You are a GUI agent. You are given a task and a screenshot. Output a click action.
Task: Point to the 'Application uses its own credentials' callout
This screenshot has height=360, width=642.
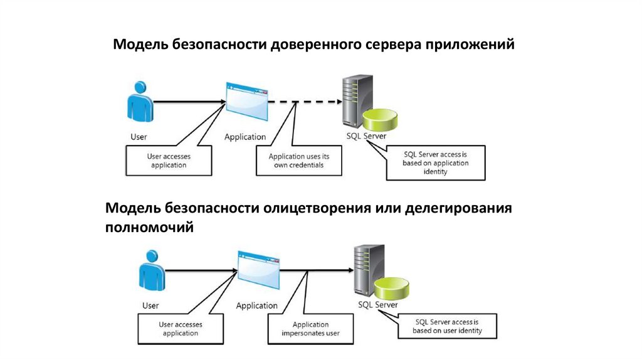pos(299,161)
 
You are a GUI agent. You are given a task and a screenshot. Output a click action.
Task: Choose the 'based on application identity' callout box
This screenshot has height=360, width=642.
pos(435,162)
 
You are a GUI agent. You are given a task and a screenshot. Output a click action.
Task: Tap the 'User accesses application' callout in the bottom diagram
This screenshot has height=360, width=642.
pos(180,329)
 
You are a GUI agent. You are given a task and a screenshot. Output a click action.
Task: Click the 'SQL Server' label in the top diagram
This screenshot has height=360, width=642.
pos(366,135)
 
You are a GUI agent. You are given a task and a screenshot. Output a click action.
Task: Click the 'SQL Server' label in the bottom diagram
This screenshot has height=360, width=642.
pos(377,305)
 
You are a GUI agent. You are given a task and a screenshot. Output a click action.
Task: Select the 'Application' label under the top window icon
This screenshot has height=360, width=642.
pos(245,137)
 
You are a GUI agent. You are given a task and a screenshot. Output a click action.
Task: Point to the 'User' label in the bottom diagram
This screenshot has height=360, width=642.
pos(150,306)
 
